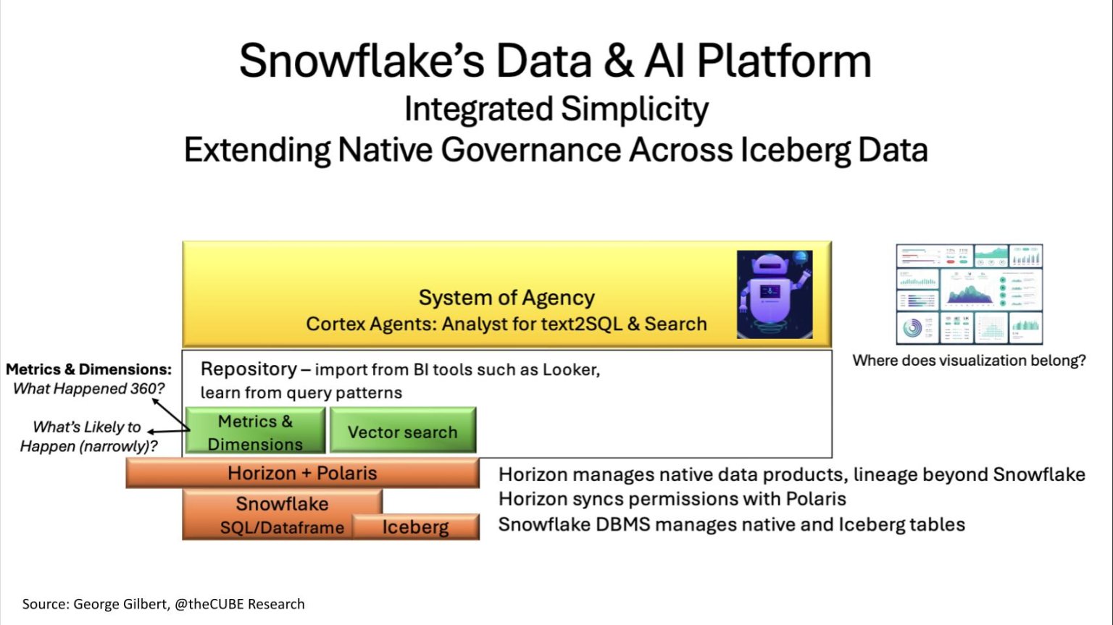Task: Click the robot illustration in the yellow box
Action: [x=774, y=294]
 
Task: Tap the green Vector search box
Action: [x=403, y=432]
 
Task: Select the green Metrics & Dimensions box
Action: [x=255, y=432]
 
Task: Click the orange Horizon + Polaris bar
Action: [x=302, y=474]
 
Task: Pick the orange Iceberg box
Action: [x=416, y=527]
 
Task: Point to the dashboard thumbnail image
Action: [x=969, y=294]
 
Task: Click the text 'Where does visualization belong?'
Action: [x=969, y=361]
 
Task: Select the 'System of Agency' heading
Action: [x=507, y=298]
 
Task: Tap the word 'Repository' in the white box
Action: [x=249, y=369]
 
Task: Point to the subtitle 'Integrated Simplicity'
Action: [x=556, y=109]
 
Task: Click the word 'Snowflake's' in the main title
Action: [x=362, y=61]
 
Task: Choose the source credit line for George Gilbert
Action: [x=163, y=604]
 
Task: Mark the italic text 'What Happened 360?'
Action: [x=88, y=389]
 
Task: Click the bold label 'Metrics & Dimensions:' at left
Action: [x=88, y=369]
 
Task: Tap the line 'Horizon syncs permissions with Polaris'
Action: [x=672, y=499]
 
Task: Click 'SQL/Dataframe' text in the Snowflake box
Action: [x=282, y=528]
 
